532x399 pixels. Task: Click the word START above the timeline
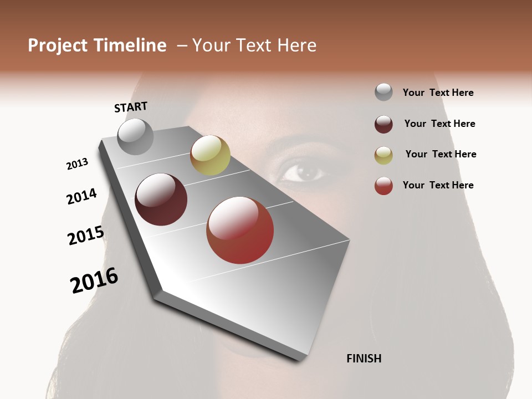[131, 107]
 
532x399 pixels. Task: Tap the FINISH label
[364, 359]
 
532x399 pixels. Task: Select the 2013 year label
[77, 164]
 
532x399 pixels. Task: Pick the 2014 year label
[81, 196]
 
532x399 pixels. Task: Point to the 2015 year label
[86, 236]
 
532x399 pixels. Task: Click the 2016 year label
[94, 280]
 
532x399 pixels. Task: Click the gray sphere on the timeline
[136, 137]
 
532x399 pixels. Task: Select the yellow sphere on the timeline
[210, 155]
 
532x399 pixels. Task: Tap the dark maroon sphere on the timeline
[161, 199]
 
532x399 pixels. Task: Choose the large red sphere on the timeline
[240, 230]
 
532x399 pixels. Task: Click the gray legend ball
[383, 92]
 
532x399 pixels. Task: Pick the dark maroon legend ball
[383, 124]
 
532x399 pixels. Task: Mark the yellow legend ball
[383, 156]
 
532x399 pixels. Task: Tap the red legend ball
[383, 186]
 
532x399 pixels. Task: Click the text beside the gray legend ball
[438, 93]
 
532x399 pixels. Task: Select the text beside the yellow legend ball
[441, 154]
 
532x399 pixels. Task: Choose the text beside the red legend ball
[438, 185]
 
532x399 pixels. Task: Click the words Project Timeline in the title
[97, 45]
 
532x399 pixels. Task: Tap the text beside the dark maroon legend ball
[439, 124]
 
